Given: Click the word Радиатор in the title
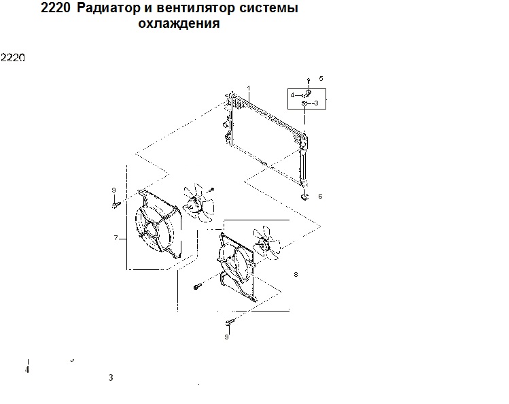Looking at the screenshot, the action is click(108, 7).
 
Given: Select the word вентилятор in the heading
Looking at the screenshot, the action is click(196, 7).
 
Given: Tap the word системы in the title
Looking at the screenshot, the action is click(269, 7).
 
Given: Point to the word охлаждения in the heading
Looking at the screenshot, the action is click(179, 23).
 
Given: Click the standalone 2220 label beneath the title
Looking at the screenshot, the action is click(13, 58).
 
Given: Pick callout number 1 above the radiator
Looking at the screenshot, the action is click(249, 88).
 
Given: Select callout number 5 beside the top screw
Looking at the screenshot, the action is click(321, 79).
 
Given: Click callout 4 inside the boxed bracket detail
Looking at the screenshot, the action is click(292, 95).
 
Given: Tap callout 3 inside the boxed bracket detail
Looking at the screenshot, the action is click(317, 103).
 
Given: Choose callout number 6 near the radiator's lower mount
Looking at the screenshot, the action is click(320, 196).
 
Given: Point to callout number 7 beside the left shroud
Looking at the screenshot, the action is click(116, 238).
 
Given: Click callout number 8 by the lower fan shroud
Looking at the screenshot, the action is click(296, 274).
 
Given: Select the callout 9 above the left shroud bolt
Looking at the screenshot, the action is click(113, 190).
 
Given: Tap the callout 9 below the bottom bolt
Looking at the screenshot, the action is click(226, 337).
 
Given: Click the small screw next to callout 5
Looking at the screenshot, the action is click(309, 80).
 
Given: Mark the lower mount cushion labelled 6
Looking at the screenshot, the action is click(304, 197).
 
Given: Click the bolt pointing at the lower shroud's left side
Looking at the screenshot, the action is click(197, 286).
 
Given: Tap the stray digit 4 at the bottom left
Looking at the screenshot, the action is click(27, 369).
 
